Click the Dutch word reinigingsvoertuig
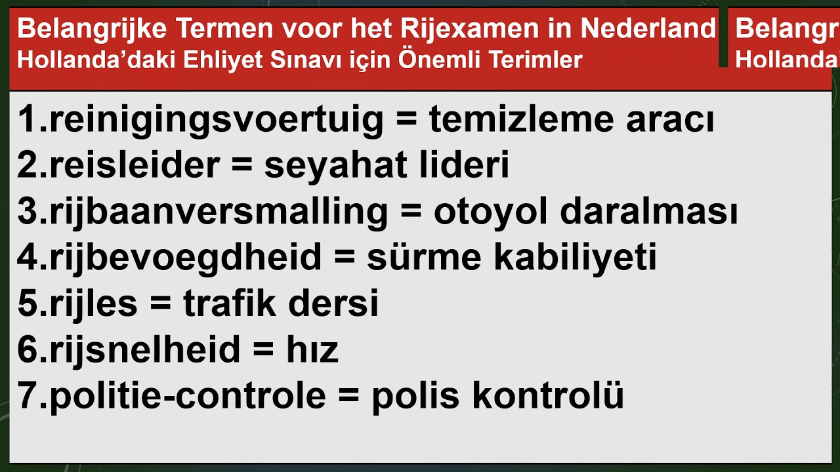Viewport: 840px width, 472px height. [217, 121]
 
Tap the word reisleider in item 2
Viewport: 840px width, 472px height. [135, 167]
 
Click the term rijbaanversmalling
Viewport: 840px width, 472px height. [219, 212]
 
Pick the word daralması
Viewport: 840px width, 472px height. [649, 212]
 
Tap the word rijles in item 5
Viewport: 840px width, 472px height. [94, 304]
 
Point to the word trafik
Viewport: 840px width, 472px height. [229, 304]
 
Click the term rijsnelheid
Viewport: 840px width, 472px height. [144, 350]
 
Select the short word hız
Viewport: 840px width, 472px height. [312, 351]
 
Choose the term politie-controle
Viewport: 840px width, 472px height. [188, 396]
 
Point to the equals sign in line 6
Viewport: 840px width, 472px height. [262, 351]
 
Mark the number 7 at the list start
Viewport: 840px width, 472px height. [28, 396]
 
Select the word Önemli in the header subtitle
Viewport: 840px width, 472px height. [430, 60]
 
